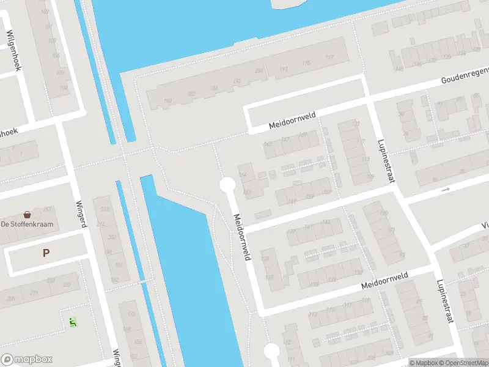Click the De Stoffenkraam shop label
(x=27, y=224)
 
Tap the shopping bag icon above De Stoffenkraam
(x=27, y=215)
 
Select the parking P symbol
(x=45, y=253)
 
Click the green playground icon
(x=73, y=321)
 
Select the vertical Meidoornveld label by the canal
(x=242, y=237)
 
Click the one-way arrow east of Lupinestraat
(x=446, y=190)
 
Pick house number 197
(x=329, y=57)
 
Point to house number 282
(x=259, y=71)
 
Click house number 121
(x=356, y=124)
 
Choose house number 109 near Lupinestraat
(x=370, y=177)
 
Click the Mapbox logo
(x=26, y=360)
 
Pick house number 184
(x=213, y=89)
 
